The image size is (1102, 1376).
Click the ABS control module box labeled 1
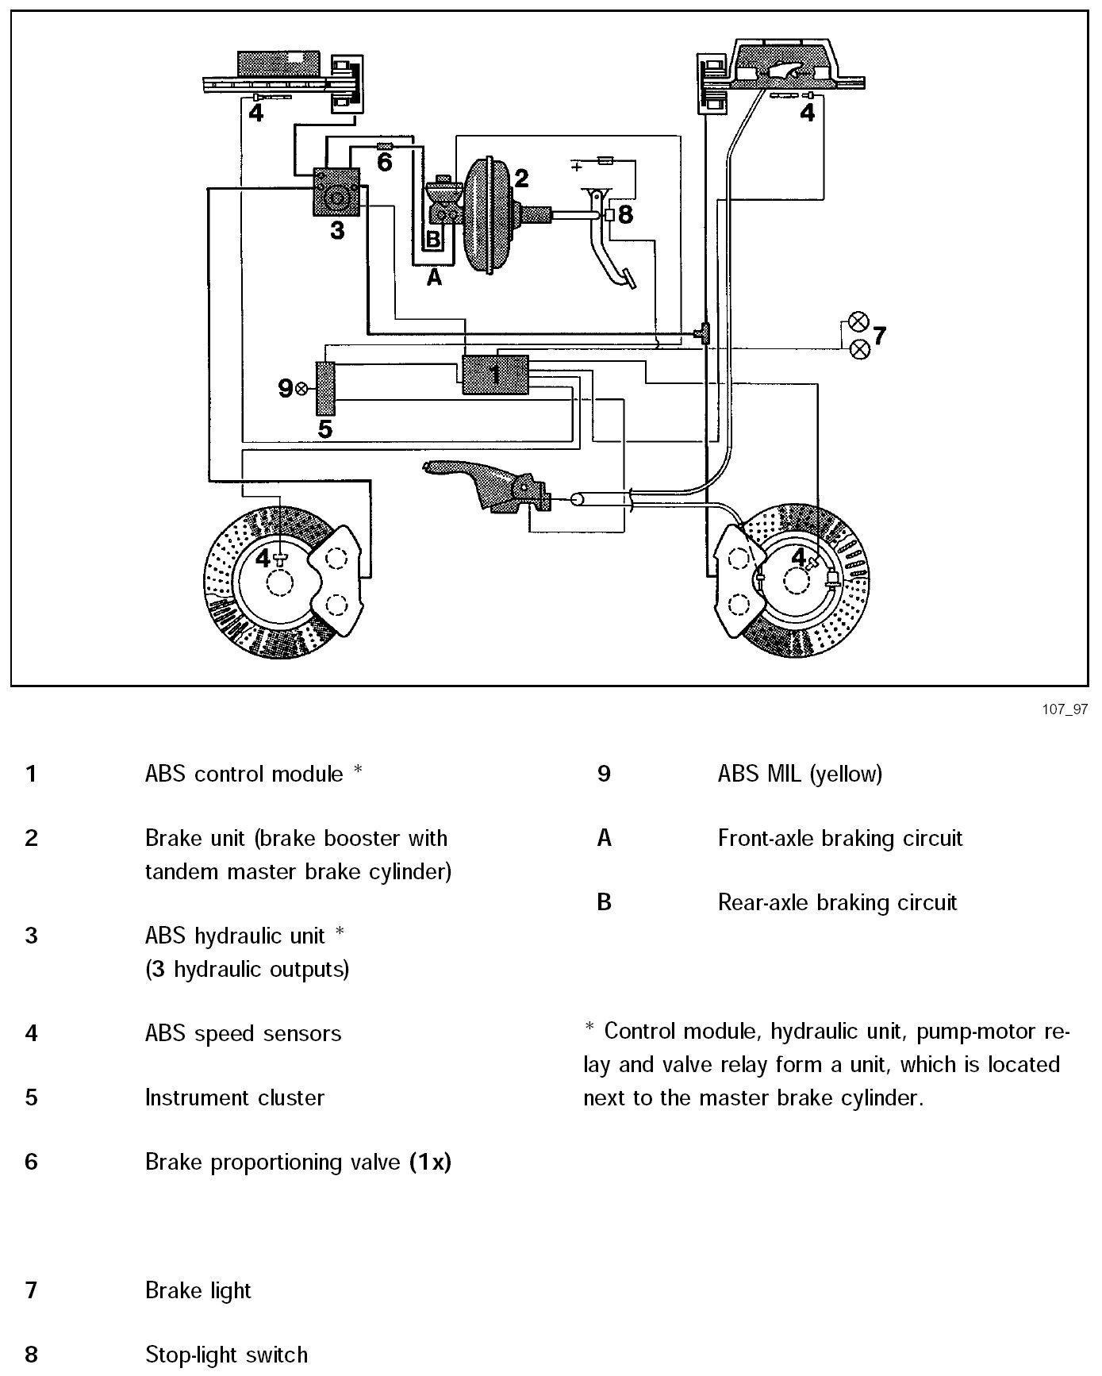pyautogui.click(x=495, y=374)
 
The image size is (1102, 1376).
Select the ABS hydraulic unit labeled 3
pyautogui.click(x=337, y=192)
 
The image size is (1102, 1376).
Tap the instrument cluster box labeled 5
pyautogui.click(x=325, y=388)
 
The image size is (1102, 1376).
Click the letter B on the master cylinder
pyautogui.click(x=433, y=239)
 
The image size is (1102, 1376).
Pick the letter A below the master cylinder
pyautogui.click(x=433, y=278)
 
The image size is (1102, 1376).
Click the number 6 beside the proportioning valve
pyautogui.click(x=385, y=163)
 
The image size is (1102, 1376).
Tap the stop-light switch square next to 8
pyautogui.click(x=609, y=214)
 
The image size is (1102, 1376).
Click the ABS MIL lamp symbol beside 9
pyautogui.click(x=301, y=388)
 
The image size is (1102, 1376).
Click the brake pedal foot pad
pyautogui.click(x=631, y=279)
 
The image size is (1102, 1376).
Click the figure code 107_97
pyautogui.click(x=1065, y=709)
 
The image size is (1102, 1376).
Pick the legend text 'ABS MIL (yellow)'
pyautogui.click(x=800, y=774)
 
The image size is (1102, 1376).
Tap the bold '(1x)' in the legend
pyautogui.click(x=430, y=1162)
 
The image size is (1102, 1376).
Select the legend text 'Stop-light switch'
pyautogui.click(x=226, y=1355)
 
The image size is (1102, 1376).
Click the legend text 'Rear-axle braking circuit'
pyautogui.click(x=837, y=902)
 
